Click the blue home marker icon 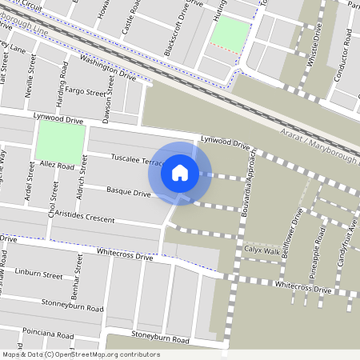pyautogui.click(x=180, y=172)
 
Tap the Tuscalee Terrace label pyautogui.click(x=138, y=159)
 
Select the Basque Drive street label pyautogui.click(x=129, y=192)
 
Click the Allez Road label pyautogui.click(x=54, y=166)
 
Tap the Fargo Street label pyautogui.click(x=85, y=92)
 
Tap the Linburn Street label pyautogui.click(x=38, y=274)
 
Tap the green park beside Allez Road pyautogui.click(x=60, y=141)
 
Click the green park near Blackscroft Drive pyautogui.click(x=230, y=33)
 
